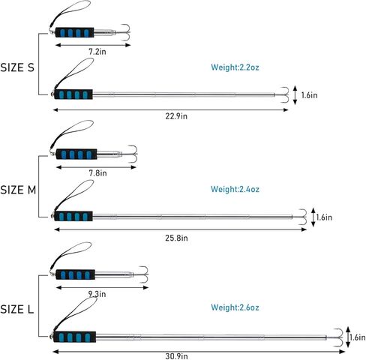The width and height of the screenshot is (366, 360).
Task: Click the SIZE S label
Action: [17, 67]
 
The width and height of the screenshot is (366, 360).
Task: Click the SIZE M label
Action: [18, 190]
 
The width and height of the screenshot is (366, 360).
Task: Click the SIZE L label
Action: [16, 310]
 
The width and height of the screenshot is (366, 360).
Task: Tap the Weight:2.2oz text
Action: [235, 67]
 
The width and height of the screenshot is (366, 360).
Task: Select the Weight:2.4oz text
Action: [235, 189]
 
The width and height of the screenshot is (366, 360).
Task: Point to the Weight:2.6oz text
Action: [235, 307]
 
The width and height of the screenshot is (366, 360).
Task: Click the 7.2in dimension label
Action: [97, 52]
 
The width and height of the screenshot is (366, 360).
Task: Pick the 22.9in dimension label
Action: [176, 116]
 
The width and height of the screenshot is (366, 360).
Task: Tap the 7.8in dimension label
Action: [97, 172]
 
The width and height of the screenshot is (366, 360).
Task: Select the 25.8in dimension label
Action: [176, 238]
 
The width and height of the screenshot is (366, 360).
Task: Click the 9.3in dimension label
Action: [97, 294]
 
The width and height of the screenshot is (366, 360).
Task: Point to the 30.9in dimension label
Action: [176, 356]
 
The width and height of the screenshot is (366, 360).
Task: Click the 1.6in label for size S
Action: [309, 95]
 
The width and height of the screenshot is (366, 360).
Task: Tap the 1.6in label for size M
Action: [324, 217]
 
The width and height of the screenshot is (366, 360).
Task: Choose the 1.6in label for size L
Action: [358, 337]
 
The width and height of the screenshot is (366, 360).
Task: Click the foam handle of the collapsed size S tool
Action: [74, 32]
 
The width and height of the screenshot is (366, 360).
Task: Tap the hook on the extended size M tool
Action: [303, 217]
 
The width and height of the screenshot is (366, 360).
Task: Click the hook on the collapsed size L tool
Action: [144, 274]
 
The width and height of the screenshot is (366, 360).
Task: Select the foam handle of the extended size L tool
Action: [75, 337]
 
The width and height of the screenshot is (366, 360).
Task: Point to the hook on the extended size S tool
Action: [285, 94]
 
